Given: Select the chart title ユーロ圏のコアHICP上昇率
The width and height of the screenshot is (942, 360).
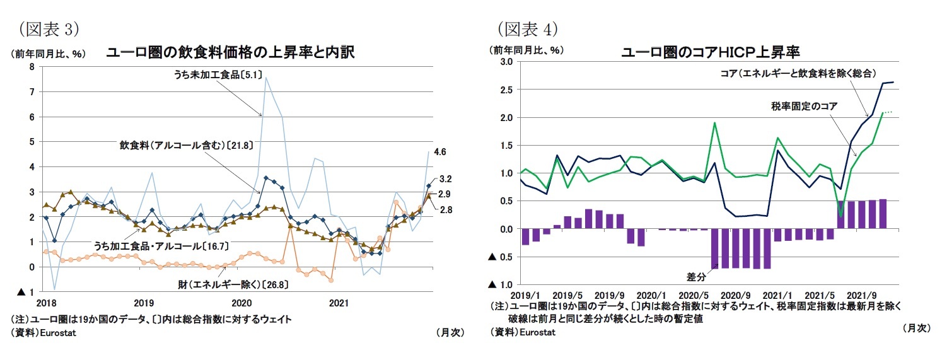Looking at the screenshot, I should (x=711, y=51).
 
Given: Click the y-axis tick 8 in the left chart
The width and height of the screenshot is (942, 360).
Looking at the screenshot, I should (x=32, y=67).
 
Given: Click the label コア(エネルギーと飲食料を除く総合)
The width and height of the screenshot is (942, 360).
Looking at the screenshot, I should (x=798, y=73).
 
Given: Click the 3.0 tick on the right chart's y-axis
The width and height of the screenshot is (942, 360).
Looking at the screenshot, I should (x=506, y=62).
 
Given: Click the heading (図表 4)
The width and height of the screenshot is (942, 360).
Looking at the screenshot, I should (x=528, y=28).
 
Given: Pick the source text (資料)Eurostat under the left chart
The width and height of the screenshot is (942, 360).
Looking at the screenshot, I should (x=42, y=332).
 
